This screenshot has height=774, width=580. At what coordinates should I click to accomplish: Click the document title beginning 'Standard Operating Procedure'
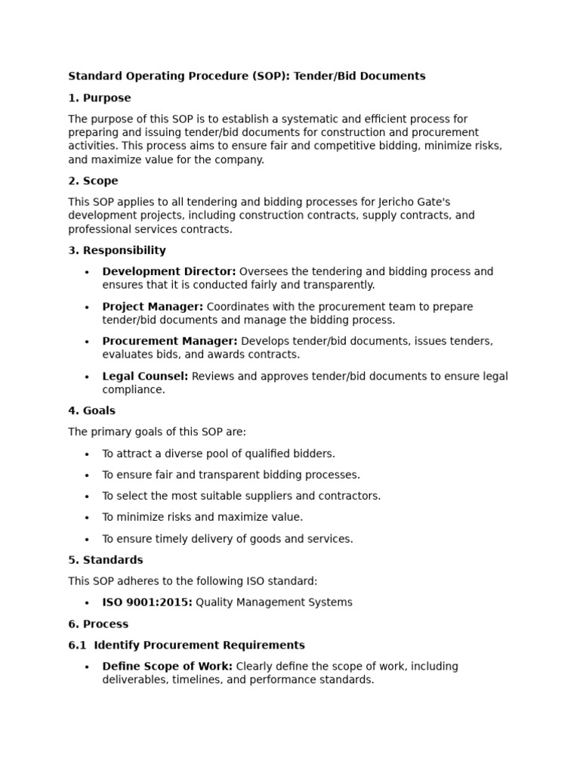point(247,76)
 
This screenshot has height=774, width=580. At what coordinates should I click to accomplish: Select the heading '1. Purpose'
point(99,98)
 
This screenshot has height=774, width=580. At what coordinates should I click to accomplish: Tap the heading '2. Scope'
point(93,181)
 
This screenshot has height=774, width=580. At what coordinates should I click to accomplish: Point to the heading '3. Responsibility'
point(117,251)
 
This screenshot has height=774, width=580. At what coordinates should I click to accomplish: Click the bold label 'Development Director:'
point(169,271)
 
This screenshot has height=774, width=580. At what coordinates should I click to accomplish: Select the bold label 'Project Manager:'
point(153,307)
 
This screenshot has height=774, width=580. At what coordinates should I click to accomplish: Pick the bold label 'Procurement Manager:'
point(170,342)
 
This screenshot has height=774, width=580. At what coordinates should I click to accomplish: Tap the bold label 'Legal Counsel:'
point(145,376)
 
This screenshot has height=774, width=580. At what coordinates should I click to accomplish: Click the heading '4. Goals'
point(91,411)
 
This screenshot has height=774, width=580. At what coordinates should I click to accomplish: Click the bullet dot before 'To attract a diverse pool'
point(87,454)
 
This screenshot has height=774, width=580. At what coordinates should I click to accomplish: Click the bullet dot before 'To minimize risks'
point(87,519)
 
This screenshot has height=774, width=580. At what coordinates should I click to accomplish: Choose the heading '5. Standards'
point(106,561)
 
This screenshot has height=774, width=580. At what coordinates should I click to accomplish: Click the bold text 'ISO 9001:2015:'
point(147,603)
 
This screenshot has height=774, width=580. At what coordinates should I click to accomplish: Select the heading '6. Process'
point(98,624)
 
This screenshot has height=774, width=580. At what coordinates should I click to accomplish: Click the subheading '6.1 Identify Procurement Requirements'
point(187,646)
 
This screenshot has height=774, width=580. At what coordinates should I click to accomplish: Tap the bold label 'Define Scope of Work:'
point(168,667)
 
